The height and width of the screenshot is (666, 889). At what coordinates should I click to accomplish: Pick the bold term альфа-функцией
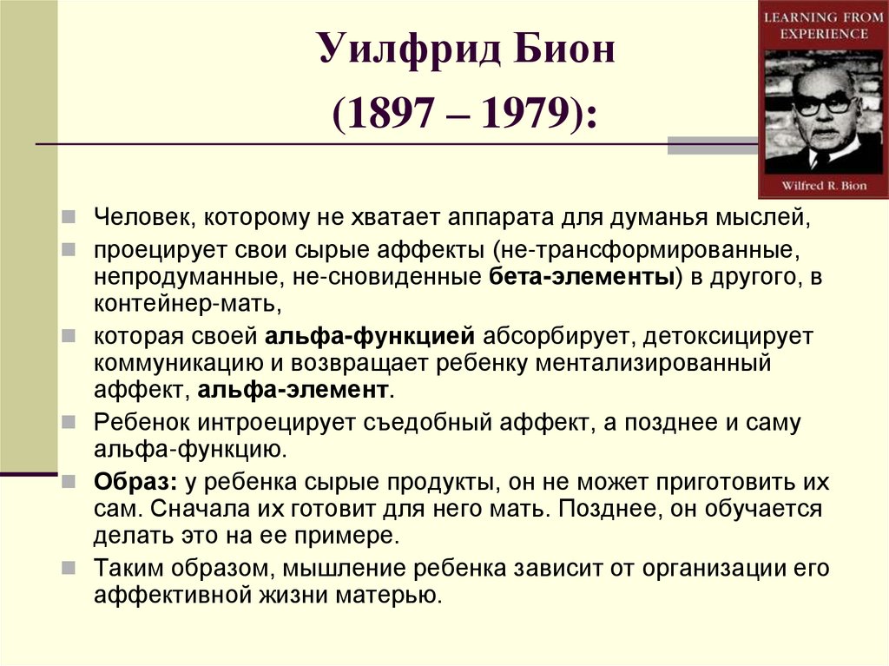[370, 335]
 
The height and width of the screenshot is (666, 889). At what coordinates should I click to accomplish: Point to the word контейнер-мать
[187, 305]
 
